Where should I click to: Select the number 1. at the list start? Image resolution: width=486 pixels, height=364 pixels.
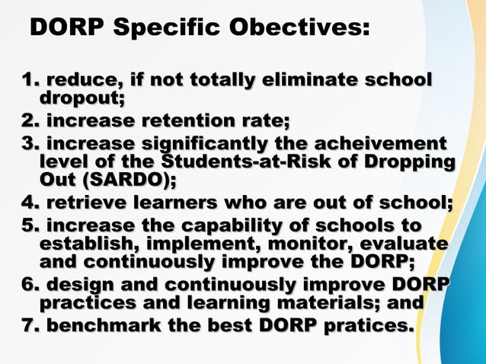coord(30,80)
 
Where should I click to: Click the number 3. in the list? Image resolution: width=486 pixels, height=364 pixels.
coord(31,144)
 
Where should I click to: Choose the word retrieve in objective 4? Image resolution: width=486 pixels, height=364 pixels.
coord(83,203)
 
